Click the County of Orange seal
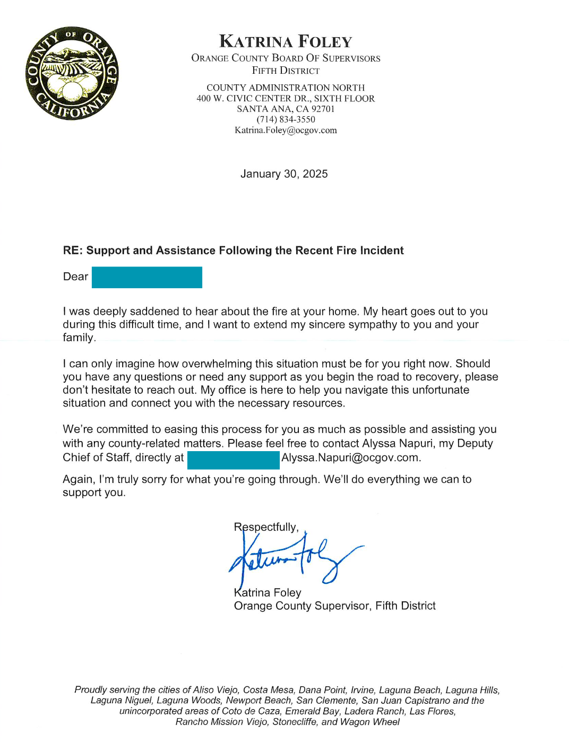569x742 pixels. point(72,73)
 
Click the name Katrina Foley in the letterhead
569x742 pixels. point(286,41)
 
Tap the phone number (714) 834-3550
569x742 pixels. point(286,119)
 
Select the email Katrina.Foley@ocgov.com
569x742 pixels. point(286,130)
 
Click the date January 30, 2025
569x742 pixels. point(284,174)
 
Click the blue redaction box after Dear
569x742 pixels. point(146,277)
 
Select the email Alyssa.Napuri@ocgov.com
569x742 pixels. point(350,458)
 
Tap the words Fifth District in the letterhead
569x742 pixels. point(286,71)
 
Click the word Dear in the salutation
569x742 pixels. point(75,277)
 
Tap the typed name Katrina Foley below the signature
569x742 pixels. point(268,592)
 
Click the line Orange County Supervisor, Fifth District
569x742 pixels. point(334,606)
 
